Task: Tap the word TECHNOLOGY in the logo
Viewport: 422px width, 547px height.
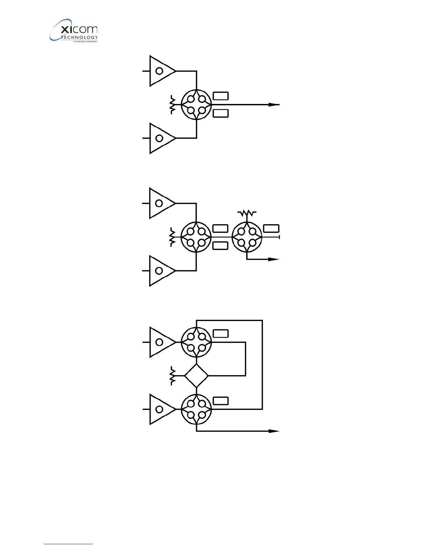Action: (x=79, y=37)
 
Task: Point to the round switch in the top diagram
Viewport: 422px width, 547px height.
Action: (x=196, y=105)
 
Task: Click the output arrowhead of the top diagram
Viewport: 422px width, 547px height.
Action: (x=274, y=105)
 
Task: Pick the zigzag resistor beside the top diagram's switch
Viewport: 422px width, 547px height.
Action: (x=172, y=105)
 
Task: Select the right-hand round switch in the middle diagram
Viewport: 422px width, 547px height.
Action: (x=247, y=237)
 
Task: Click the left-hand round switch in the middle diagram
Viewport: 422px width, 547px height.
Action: (x=196, y=237)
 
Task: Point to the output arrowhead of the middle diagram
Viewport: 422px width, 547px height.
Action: (x=274, y=259)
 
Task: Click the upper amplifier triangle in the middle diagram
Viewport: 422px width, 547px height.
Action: (x=160, y=203)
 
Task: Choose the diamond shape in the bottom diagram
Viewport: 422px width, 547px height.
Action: (x=196, y=376)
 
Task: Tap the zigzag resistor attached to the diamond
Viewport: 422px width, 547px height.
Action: (x=172, y=376)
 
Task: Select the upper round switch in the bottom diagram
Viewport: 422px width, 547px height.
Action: (x=196, y=342)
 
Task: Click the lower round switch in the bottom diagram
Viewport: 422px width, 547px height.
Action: (x=196, y=409)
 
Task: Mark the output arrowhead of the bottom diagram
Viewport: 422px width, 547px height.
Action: (x=274, y=431)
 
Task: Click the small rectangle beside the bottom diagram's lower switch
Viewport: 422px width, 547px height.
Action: (x=221, y=401)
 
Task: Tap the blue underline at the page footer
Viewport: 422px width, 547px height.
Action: (x=68, y=544)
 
